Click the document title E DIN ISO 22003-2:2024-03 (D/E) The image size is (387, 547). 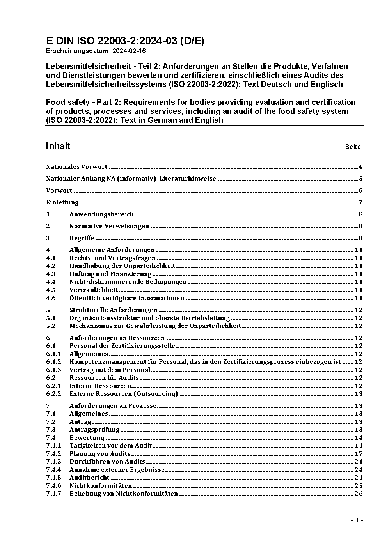click(125, 41)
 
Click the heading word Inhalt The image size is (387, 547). click(58, 146)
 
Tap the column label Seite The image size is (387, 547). click(353, 147)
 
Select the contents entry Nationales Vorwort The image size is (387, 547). click(76, 167)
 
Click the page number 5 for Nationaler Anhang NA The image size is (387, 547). click(361, 179)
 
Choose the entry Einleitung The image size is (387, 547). click(62, 202)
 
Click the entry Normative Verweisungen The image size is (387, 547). click(109, 226)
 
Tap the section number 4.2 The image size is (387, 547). click(51, 266)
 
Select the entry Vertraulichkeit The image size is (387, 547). click(94, 290)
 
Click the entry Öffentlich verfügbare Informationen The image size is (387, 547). click(127, 298)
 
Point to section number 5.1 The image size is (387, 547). click(51, 318)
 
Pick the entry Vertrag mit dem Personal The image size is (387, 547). click(110, 370)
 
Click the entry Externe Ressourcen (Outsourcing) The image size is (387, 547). click(123, 394)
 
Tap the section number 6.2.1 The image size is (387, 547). click(53, 386)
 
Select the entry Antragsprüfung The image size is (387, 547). click(94, 430)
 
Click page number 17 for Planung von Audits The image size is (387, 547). click(359, 454)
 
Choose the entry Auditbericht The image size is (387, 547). click(89, 478)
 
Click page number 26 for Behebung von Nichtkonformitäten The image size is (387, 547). click(359, 494)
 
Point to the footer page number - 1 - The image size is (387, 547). click(357, 520)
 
